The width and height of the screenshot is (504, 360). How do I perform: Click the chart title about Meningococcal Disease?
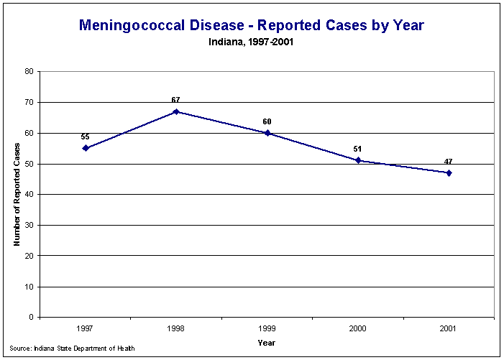coord(252,26)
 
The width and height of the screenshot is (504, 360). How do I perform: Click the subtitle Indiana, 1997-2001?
coord(252,42)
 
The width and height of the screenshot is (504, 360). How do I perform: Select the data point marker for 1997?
coord(86,148)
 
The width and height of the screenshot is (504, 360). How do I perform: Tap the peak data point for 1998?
coord(176,111)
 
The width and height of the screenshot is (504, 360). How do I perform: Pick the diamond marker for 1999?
coord(267,133)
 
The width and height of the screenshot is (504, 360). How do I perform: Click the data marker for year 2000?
coord(358,160)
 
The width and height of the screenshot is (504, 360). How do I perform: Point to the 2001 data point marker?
coord(449,172)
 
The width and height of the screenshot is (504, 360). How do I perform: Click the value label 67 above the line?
coord(175,100)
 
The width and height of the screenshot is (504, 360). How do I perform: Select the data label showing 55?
coord(85,137)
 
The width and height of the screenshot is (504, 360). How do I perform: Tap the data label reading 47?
coord(448,161)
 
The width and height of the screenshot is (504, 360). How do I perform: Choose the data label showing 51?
coord(357,149)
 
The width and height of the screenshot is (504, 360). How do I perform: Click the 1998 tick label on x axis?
coord(176,328)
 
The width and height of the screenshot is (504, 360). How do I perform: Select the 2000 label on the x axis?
coord(358,328)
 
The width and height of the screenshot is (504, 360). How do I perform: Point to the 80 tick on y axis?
coord(29,72)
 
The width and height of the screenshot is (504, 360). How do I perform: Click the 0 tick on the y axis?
coord(31,317)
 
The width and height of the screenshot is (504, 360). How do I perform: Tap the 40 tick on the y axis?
coord(29,195)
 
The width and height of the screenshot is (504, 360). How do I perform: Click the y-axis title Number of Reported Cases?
coord(17,194)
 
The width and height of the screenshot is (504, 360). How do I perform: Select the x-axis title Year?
coord(267,343)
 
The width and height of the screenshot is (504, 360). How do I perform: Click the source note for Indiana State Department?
coord(73,349)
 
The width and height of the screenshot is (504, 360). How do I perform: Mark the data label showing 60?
coord(267,121)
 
